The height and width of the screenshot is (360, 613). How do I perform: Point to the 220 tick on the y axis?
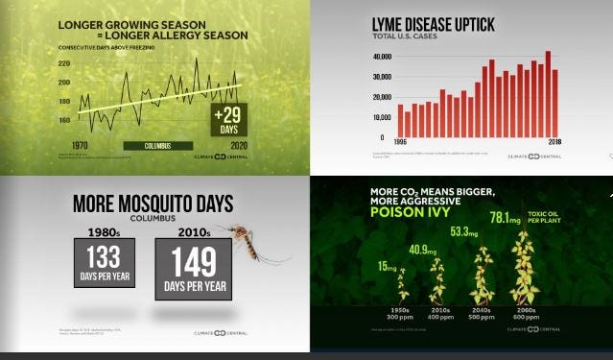click(64, 63)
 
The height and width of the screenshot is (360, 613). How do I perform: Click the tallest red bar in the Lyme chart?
click(548, 92)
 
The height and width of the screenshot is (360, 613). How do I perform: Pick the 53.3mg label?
click(466, 231)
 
